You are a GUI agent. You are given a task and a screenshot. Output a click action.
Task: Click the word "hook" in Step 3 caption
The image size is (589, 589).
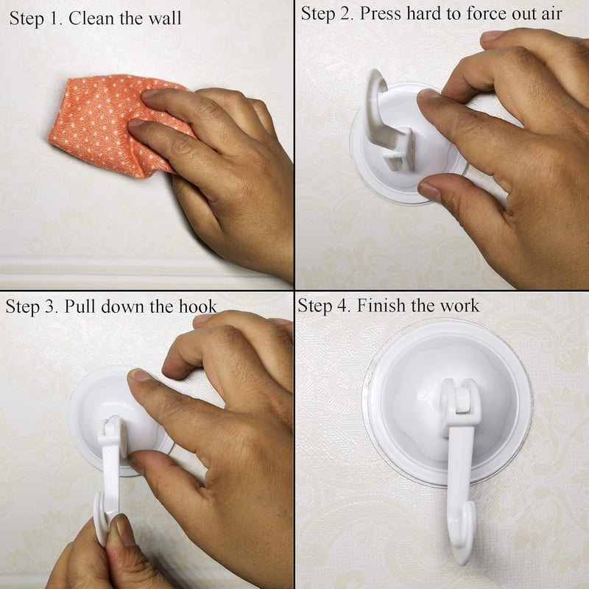click(197, 306)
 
